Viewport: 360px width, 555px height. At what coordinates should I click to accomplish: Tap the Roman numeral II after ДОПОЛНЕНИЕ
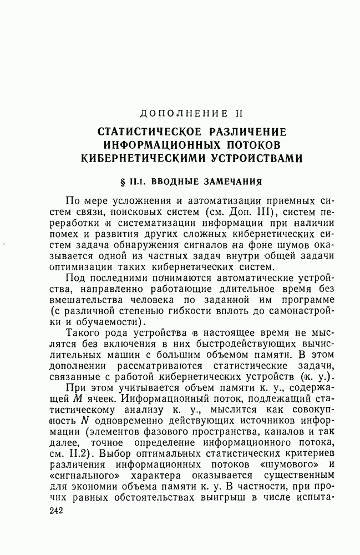click(x=239, y=114)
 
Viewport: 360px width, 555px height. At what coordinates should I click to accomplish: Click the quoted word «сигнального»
click(x=84, y=476)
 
